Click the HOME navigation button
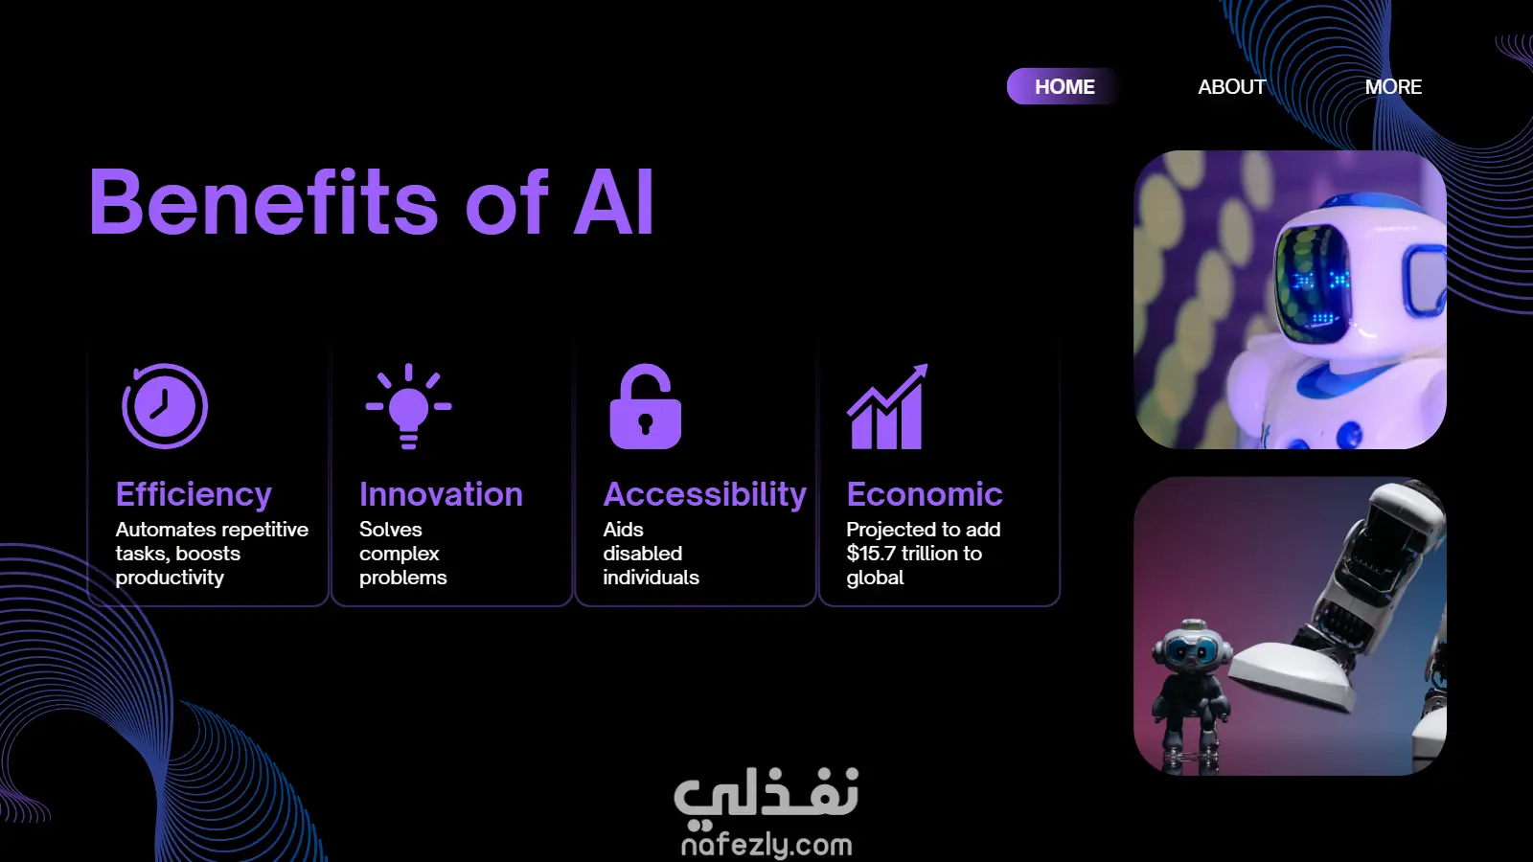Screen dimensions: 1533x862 pos(1064,87)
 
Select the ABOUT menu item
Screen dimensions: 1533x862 pos(1232,87)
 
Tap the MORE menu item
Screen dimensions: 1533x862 pos(1393,87)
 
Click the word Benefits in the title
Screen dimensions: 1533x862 pos(263,202)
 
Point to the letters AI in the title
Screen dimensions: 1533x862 pos(613,202)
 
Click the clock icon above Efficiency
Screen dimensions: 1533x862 pos(165,406)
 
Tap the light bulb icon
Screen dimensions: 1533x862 pos(408,406)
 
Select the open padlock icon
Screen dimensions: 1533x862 pos(646,406)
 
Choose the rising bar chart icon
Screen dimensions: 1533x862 pos(887,406)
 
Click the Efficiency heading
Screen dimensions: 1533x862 pos(194,494)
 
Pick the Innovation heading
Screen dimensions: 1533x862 pos(442,494)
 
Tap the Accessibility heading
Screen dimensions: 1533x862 pos(705,494)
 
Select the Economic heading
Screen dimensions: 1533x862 pos(925,494)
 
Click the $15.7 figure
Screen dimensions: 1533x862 pos(871,554)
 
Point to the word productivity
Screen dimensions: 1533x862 pos(170,578)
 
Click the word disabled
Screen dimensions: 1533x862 pos(643,554)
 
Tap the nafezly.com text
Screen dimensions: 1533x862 pos(766,846)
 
